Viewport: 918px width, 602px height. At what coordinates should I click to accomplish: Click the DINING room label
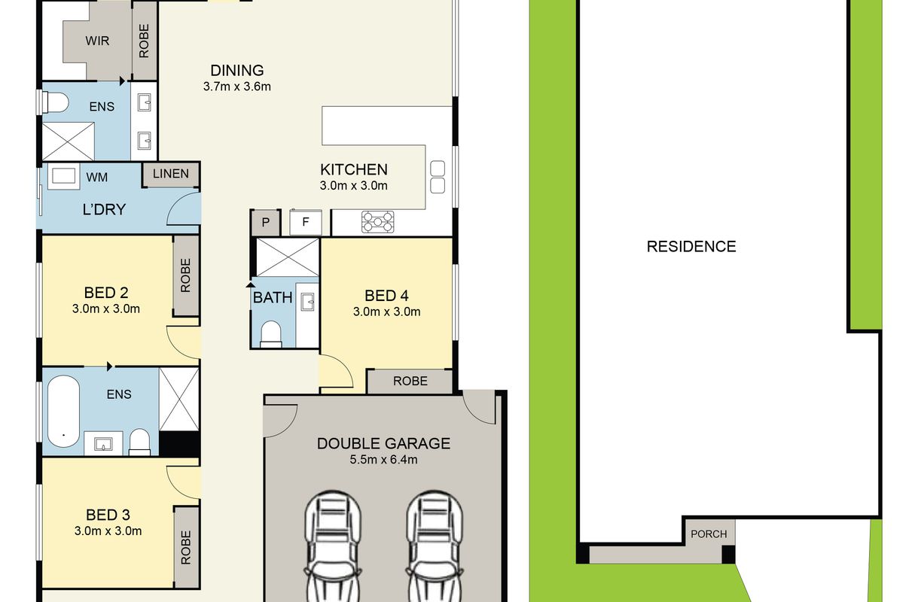(237, 71)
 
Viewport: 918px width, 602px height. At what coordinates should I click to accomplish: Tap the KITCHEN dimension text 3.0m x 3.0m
(354, 186)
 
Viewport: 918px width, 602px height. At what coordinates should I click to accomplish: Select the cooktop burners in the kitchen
(378, 221)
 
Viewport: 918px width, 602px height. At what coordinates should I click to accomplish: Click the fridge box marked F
(305, 223)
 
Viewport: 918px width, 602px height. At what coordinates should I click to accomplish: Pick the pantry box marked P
(266, 223)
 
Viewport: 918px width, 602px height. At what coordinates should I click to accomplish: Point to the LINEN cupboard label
(171, 174)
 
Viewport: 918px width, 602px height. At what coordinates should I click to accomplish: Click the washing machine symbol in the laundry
(63, 176)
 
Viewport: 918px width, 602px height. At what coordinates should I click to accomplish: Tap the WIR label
(97, 41)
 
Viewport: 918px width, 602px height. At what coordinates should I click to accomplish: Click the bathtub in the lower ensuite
(63, 411)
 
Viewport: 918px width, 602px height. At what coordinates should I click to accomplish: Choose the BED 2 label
(106, 293)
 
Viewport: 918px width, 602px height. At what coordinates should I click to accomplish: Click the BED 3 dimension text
(108, 531)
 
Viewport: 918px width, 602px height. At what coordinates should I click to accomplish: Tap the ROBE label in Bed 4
(410, 382)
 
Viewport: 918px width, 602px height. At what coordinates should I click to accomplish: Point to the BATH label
(273, 298)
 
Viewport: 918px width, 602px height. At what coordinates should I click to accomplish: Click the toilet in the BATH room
(271, 334)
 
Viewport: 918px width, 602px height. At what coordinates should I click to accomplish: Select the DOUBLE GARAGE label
(383, 443)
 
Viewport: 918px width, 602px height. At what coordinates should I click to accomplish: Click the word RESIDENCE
(691, 247)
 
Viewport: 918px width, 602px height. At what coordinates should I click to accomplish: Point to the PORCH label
(709, 534)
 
